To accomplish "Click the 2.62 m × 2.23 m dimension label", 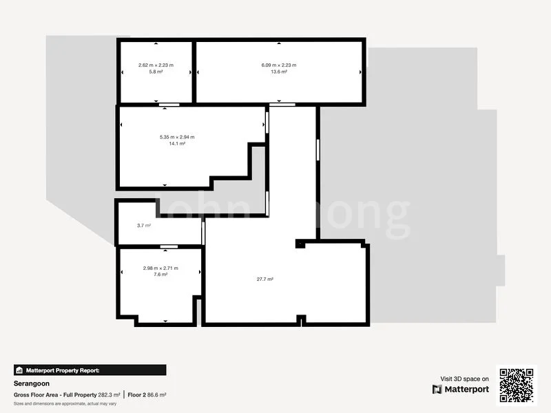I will [x=156, y=65].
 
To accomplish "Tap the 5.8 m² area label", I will [x=156, y=72].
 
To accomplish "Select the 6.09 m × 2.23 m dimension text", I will [x=278, y=65].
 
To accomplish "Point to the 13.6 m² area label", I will [x=278, y=72].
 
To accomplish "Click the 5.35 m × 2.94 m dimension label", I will [x=177, y=137].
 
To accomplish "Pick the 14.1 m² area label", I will [x=177, y=143].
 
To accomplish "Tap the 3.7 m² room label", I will [x=144, y=225].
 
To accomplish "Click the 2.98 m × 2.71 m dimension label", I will [x=160, y=268].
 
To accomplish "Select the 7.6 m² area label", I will [x=160, y=274].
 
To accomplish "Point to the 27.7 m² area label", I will [x=265, y=279].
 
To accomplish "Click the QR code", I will [x=517, y=384].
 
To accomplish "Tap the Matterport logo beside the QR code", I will [x=461, y=389].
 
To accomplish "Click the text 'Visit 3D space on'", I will [x=465, y=379].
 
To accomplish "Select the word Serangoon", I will [x=31, y=384].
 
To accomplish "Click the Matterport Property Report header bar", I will [x=90, y=370].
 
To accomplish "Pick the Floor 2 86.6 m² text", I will [x=147, y=394].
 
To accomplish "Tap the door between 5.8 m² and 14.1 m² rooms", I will [x=165, y=105].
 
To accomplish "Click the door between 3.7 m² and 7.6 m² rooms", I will [x=169, y=246].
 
